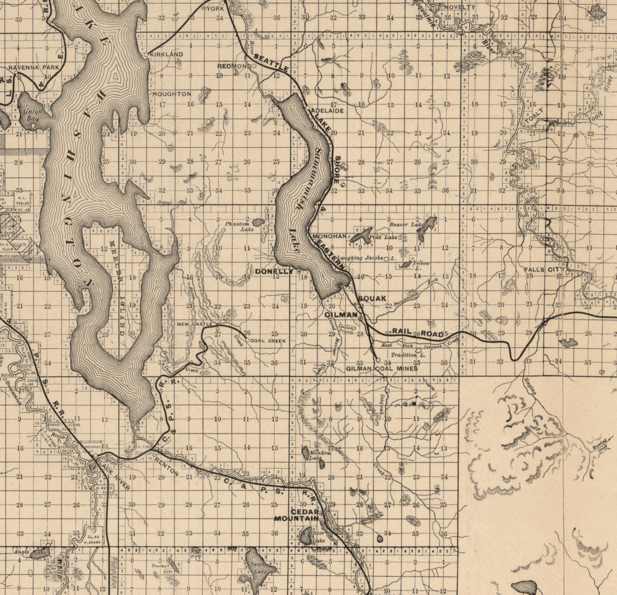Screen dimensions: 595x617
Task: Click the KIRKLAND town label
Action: click(x=166, y=54)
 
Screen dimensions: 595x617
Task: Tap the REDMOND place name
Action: click(x=234, y=66)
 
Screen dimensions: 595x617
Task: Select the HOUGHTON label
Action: click(x=172, y=94)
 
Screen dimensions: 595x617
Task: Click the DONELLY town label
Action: click(x=274, y=272)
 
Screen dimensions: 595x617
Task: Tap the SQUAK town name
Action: click(x=372, y=298)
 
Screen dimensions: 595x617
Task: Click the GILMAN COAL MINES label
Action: click(x=382, y=368)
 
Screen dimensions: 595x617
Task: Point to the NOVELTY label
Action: click(x=459, y=7)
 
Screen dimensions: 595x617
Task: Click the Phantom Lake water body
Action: click(x=257, y=223)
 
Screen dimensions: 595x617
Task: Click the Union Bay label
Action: click(x=32, y=114)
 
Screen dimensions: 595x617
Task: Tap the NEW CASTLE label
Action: click(x=194, y=324)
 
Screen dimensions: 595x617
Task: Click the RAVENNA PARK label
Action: click(x=34, y=67)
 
